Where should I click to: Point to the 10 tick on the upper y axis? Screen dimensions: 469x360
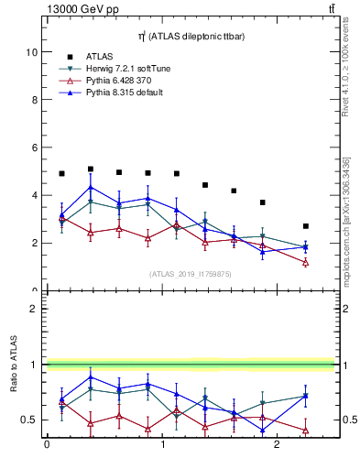[32, 52]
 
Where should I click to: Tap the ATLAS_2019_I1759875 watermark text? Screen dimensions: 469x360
[190, 273]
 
